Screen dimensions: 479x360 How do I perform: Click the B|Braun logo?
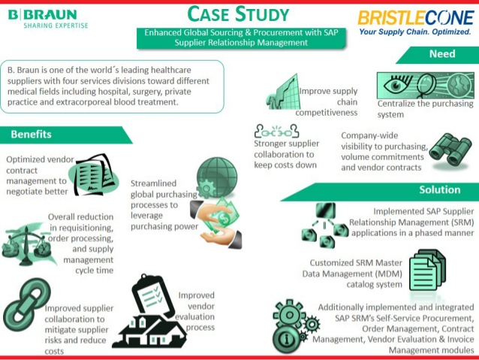click(48, 19)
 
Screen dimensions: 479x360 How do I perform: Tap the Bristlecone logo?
click(415, 23)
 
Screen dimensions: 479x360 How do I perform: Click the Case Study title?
click(238, 14)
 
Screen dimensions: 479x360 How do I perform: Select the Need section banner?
click(438, 55)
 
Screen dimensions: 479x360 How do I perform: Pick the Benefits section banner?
click(65, 135)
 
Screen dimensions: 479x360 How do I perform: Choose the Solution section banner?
click(380, 192)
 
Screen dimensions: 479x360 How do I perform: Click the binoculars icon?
click(450, 150)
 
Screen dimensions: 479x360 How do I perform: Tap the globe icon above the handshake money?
click(216, 177)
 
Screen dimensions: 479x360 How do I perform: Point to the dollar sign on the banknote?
click(222, 219)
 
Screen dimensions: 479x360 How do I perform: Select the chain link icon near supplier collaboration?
click(26, 304)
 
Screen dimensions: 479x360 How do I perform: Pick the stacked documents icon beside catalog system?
click(427, 270)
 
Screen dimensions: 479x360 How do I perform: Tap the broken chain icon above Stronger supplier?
click(277, 132)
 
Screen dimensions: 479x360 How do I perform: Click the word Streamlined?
click(153, 183)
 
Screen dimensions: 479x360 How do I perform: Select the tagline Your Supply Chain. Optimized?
click(415, 32)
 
